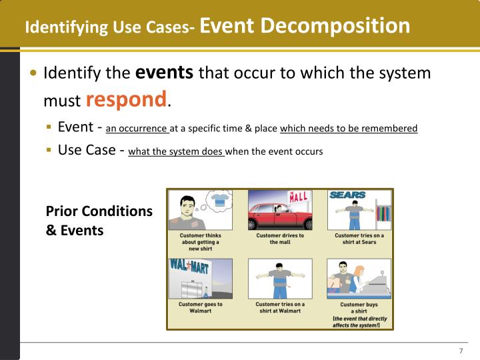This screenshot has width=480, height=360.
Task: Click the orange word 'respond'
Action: pos(127,100)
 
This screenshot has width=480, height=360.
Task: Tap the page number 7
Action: pos(461,351)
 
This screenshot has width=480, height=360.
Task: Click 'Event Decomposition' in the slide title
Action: pos(305,26)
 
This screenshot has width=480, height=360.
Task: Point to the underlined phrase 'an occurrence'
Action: pos(137,129)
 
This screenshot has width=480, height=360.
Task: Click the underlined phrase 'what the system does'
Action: pos(176,151)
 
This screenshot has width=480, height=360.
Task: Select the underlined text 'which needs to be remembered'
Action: pos(349,129)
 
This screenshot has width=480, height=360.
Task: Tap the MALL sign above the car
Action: pos(298,197)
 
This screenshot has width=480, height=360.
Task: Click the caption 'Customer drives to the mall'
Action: pos(280,239)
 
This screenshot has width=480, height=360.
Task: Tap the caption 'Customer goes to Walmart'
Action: pos(200,307)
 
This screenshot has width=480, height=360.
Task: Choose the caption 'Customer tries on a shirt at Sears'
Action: pos(359,239)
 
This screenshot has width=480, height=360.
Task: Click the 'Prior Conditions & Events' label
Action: pos(99,221)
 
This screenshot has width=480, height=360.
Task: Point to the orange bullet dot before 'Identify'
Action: pos(34,73)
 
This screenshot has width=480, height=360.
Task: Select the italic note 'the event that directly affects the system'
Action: pos(360,322)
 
